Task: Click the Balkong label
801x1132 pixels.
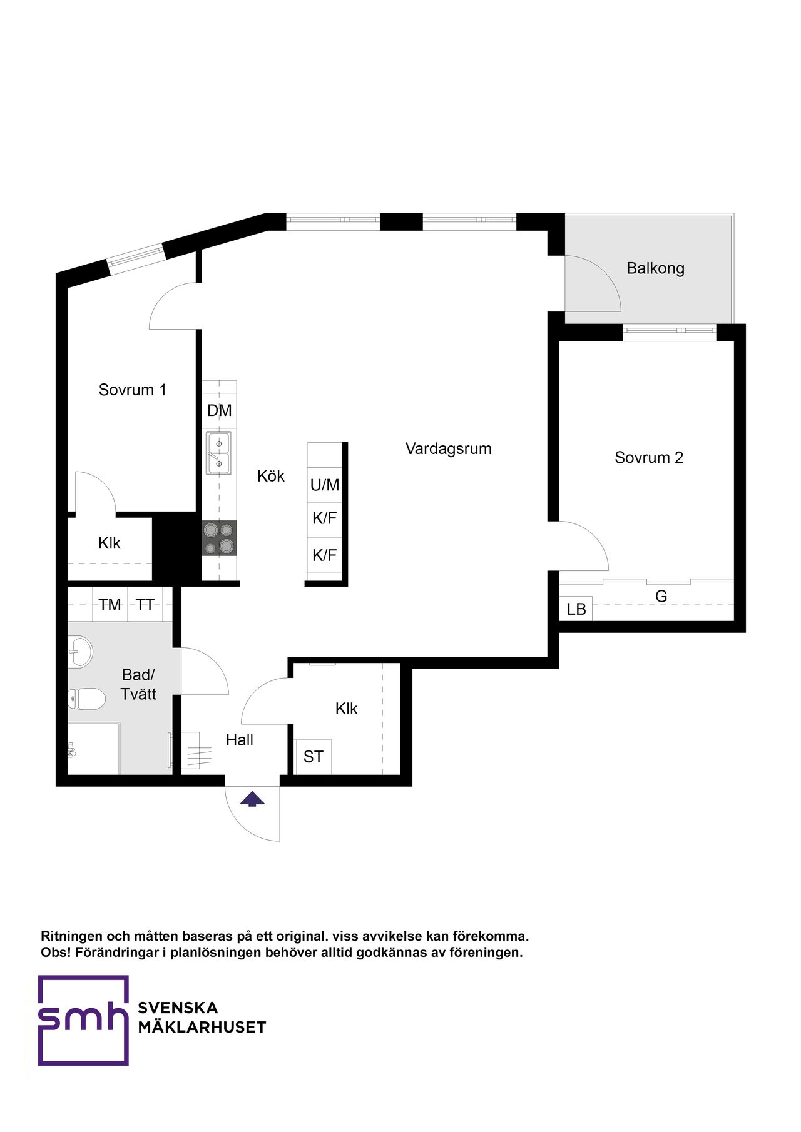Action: pyautogui.click(x=655, y=268)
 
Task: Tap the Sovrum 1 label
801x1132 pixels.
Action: pyautogui.click(x=133, y=390)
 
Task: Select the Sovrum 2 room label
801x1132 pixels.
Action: pyautogui.click(x=649, y=458)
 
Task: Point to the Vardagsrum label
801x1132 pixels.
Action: pyautogui.click(x=449, y=448)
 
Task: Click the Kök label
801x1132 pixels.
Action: pyautogui.click(x=271, y=476)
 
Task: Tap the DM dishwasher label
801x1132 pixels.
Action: pyautogui.click(x=220, y=410)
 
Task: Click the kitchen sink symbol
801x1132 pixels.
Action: pyautogui.click(x=219, y=453)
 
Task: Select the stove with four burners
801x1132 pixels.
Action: pyautogui.click(x=220, y=538)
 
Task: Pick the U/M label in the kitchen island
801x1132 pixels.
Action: pyautogui.click(x=325, y=485)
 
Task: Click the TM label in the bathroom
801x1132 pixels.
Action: pyautogui.click(x=110, y=605)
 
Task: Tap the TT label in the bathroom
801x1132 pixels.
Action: pyautogui.click(x=145, y=605)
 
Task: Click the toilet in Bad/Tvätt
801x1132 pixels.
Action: pyautogui.click(x=86, y=699)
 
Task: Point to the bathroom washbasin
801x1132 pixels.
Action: pyautogui.click(x=79, y=651)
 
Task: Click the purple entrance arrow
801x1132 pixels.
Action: pyautogui.click(x=252, y=799)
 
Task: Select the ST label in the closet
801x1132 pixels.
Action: pyautogui.click(x=314, y=757)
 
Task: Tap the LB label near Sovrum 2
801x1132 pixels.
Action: pyautogui.click(x=576, y=609)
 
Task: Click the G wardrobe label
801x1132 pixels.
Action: pyautogui.click(x=661, y=597)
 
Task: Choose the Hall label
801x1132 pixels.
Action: pyautogui.click(x=240, y=740)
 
